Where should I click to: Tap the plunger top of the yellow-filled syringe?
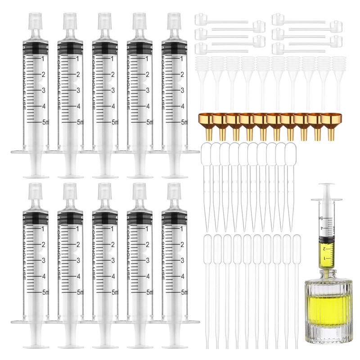tap(327, 185)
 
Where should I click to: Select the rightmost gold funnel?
tap(328, 127)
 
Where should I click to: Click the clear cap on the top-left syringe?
tap(36, 21)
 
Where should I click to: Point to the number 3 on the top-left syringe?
tap(43, 90)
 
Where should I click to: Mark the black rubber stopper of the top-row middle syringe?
tap(105, 49)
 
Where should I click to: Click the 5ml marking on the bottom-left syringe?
tap(45, 292)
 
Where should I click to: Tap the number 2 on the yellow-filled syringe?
tap(324, 249)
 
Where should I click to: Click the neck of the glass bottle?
tap(327, 274)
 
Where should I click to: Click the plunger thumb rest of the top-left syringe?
tap(36, 177)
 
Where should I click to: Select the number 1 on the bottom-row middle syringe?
tap(112, 229)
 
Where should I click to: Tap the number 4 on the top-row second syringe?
tap(78, 106)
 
